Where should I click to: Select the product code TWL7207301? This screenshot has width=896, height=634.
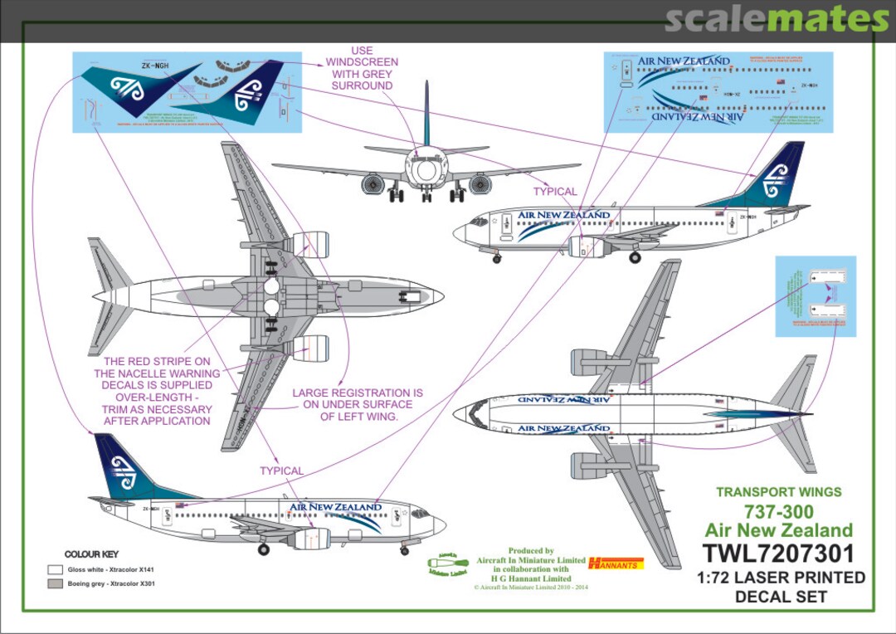tap(778, 554)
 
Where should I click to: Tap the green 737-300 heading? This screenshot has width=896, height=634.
tap(778, 511)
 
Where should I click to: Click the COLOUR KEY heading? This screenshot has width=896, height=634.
tap(91, 554)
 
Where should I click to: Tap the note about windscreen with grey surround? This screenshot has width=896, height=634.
tap(362, 68)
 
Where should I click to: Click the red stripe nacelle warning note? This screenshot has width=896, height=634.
tap(157, 391)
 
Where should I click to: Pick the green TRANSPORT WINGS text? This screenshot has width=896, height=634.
tap(778, 492)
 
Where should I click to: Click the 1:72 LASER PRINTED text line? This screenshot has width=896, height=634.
tap(778, 578)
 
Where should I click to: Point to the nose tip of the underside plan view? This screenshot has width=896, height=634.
tap(442, 296)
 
